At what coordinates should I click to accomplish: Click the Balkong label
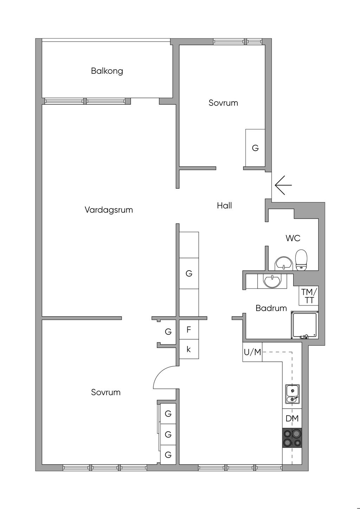point(107,71)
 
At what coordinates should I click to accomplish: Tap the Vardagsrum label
point(109,210)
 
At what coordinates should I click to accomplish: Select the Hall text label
point(224,206)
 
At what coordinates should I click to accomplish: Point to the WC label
point(293,238)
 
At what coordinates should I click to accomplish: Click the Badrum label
point(271,308)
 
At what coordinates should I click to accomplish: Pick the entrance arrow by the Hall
point(283,185)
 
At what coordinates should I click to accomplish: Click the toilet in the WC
point(301,260)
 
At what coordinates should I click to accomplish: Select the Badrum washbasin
point(272,281)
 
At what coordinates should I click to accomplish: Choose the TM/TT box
point(309,296)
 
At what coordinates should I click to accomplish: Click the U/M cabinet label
point(252,352)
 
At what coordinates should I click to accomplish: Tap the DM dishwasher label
point(292,418)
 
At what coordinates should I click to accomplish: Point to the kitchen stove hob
point(292,438)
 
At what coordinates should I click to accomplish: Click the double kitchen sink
point(292,394)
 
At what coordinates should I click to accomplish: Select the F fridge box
point(189,330)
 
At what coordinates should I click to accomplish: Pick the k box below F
point(189,349)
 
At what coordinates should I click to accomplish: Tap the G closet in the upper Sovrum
point(255,148)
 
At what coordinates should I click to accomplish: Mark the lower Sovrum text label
point(105,392)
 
